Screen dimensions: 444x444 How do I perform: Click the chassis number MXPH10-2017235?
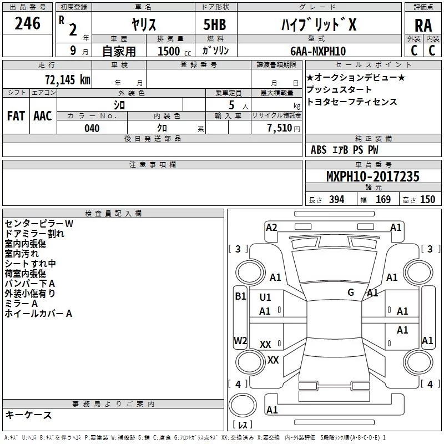tap(373, 177)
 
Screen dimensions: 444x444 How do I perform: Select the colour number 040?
tap(92, 128)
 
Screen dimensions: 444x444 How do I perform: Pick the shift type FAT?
tap(16, 116)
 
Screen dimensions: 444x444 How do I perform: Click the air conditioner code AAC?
tap(43, 116)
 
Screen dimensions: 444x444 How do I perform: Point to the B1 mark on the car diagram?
tap(240, 296)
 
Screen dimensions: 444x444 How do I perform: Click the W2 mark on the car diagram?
tap(240, 340)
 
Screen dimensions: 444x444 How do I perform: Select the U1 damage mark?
tap(265, 297)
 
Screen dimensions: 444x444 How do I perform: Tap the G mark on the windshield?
tap(351, 292)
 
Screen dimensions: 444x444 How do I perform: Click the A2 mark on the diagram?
tap(271, 227)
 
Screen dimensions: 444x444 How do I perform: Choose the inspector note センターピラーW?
tap(39, 224)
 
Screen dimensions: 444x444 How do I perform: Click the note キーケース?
tap(28, 415)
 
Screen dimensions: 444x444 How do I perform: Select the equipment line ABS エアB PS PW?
tap(345, 150)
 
